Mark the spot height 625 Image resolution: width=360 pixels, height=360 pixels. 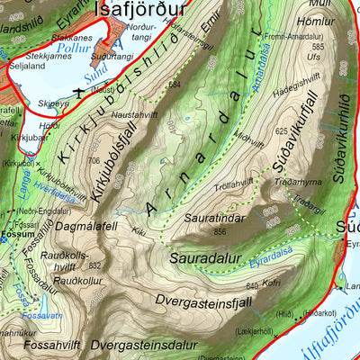(282, 131)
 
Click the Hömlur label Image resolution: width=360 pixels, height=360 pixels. (322, 20)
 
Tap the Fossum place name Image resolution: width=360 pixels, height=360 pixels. (15, 231)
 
